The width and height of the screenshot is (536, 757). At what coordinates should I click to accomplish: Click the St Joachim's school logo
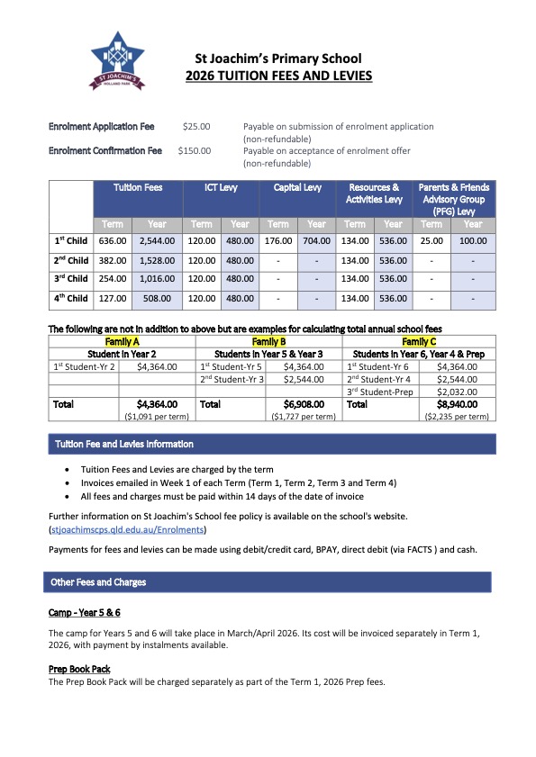point(117,59)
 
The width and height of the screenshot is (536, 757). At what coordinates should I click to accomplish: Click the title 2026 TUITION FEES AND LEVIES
point(278,77)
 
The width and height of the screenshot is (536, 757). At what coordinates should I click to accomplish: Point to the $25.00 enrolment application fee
point(195,127)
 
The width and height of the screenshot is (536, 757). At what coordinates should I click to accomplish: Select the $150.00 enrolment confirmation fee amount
point(195,151)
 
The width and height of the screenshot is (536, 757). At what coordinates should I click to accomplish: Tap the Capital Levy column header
point(297,187)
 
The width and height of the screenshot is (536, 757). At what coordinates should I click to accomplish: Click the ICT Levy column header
point(221,187)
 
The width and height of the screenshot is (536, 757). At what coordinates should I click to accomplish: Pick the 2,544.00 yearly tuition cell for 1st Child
point(157,241)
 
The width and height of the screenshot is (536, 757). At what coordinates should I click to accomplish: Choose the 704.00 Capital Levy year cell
point(316,241)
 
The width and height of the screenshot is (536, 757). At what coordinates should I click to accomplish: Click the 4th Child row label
point(71,298)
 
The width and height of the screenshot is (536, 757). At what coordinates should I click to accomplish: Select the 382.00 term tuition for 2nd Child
point(113,260)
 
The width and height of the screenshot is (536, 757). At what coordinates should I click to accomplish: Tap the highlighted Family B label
point(268,342)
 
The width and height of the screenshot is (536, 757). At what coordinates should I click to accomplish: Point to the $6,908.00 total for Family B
point(306,405)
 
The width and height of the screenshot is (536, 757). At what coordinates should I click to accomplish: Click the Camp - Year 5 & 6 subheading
point(84,612)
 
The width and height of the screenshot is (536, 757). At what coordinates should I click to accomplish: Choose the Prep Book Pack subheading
point(80,669)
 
